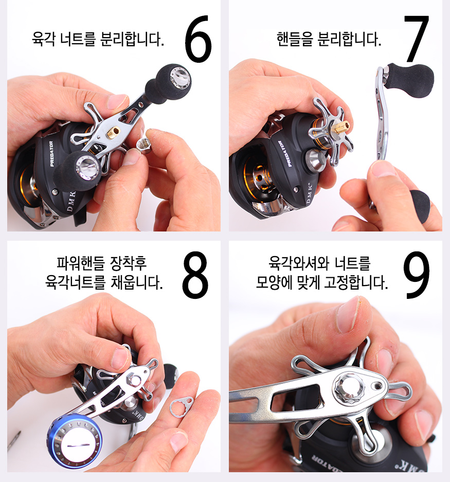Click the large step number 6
click(x=199, y=39)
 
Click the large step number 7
click(x=417, y=39)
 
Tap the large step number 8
click(x=195, y=275)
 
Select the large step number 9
click(x=417, y=275)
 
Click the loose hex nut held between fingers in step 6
click(x=144, y=145)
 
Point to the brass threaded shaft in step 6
click(x=113, y=133)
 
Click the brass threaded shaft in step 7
click(x=342, y=127)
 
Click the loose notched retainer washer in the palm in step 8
click(x=182, y=407)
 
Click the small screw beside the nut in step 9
click(x=377, y=386)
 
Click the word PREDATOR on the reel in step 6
click(x=51, y=154)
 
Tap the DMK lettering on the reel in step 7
click(x=309, y=193)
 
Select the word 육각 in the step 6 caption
click(x=44, y=39)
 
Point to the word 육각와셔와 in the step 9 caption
click(x=298, y=263)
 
